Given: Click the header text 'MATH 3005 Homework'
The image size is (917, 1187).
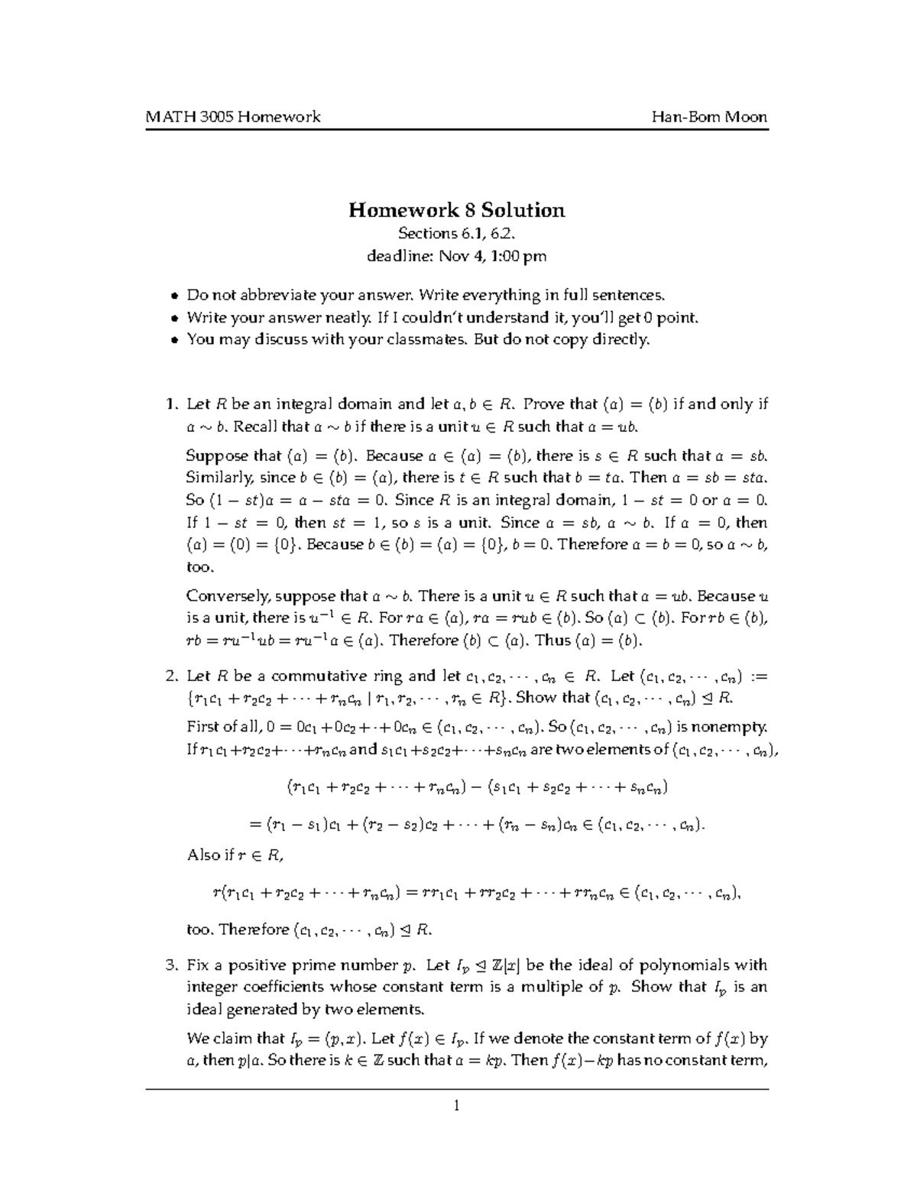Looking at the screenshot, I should [x=233, y=117].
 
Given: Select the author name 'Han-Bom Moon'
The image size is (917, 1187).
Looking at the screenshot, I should [x=709, y=117].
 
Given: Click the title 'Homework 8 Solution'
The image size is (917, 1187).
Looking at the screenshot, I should [x=457, y=210].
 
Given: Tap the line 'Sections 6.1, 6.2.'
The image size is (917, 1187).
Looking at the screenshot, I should [x=457, y=234].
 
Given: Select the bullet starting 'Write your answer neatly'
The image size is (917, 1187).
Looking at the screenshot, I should [x=442, y=317].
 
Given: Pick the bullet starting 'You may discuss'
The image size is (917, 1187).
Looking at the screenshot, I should [x=418, y=339].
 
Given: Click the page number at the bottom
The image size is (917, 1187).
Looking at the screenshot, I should [x=457, y=1104].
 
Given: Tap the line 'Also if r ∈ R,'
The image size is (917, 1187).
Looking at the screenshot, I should [x=235, y=855].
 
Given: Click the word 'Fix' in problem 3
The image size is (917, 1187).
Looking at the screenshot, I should [x=198, y=965].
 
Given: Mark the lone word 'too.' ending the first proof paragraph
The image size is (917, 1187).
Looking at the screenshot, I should [x=200, y=567].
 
